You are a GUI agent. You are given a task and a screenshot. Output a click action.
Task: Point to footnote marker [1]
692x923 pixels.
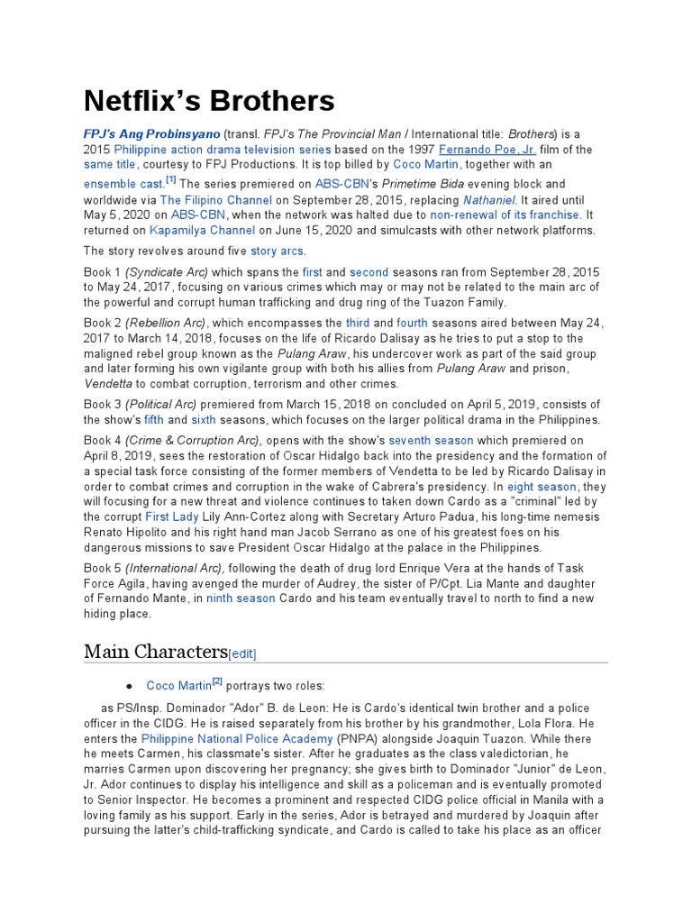click(x=170, y=180)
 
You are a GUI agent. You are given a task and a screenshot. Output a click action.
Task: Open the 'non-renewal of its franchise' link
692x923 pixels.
click(x=505, y=215)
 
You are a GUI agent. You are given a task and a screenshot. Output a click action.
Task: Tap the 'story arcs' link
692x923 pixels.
click(x=277, y=251)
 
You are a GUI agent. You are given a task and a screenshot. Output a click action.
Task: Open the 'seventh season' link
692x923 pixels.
click(x=431, y=441)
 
